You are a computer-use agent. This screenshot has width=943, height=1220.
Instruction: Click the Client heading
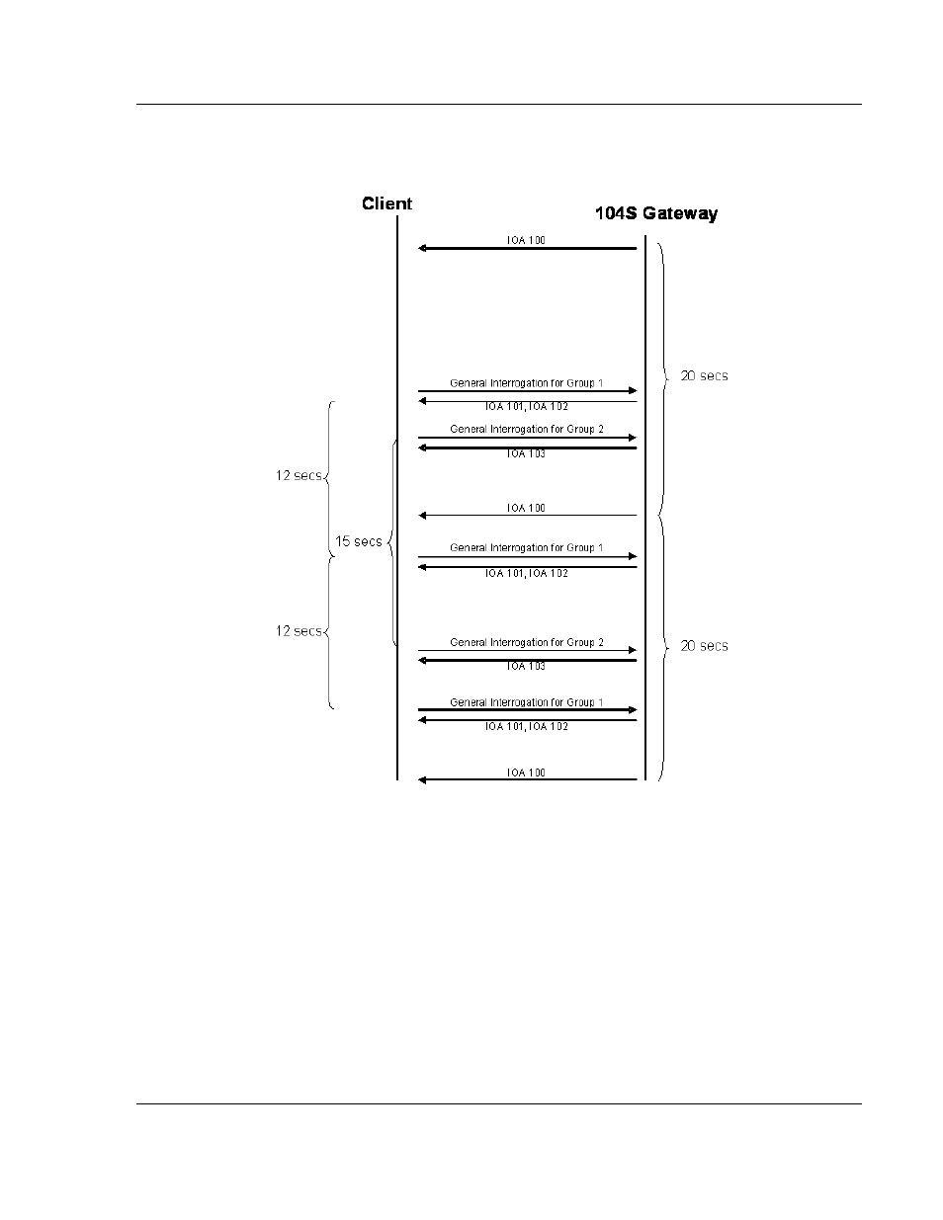386,203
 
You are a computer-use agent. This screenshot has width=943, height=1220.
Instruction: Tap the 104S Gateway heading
656,213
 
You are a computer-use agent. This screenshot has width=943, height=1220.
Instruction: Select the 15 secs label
359,541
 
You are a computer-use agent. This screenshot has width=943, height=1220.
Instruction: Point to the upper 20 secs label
704,375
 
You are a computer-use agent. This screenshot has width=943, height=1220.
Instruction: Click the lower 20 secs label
704,646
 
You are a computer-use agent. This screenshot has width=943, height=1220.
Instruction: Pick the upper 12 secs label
299,475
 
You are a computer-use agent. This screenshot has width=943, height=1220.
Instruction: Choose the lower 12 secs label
299,631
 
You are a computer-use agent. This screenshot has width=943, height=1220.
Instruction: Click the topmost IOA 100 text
526,240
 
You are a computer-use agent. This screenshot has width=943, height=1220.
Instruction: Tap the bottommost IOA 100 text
526,773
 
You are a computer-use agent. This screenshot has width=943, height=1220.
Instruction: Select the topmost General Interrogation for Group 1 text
526,383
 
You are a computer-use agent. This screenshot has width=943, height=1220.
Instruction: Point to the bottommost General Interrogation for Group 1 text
526,702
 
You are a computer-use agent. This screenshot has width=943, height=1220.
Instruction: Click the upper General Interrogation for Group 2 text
527,429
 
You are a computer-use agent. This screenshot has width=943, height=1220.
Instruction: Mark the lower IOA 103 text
526,666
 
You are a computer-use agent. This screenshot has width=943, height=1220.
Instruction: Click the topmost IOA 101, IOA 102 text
527,406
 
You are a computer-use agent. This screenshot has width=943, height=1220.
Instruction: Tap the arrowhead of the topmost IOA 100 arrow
422,248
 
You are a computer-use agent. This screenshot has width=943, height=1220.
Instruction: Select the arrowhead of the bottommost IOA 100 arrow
422,779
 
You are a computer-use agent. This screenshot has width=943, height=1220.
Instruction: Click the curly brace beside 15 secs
391,542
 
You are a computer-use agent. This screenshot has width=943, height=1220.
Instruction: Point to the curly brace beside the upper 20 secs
664,376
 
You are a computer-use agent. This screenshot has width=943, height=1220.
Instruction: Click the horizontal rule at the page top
499,104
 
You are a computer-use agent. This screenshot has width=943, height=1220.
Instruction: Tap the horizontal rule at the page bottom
499,1103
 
